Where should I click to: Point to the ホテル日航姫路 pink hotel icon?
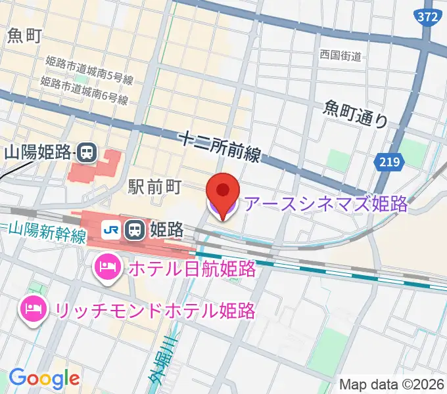[105, 267]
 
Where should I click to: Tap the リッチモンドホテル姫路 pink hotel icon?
[32, 307]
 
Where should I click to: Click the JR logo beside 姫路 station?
[112, 229]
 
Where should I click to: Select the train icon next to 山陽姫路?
[86, 153]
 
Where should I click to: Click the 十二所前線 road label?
[220, 146]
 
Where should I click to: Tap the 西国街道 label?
[341, 56]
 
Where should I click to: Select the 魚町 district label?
[25, 36]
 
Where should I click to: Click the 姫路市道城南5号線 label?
[89, 70]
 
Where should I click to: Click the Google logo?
[44, 378]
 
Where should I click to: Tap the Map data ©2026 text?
[392, 384]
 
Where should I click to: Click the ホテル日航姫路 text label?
[191, 268]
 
